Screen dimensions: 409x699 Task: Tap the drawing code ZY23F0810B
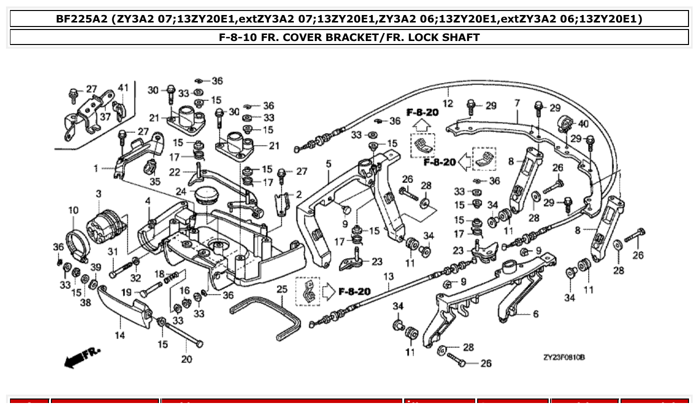564,357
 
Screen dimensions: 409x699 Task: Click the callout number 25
282,289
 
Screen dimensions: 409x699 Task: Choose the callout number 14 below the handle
120,335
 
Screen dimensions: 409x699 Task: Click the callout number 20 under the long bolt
186,359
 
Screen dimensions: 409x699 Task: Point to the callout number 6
536,313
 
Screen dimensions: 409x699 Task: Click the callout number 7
517,103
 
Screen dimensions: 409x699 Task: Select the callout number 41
123,88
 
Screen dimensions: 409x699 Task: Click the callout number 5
328,163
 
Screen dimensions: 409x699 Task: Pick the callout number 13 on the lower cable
389,276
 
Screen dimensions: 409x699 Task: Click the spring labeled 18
171,275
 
